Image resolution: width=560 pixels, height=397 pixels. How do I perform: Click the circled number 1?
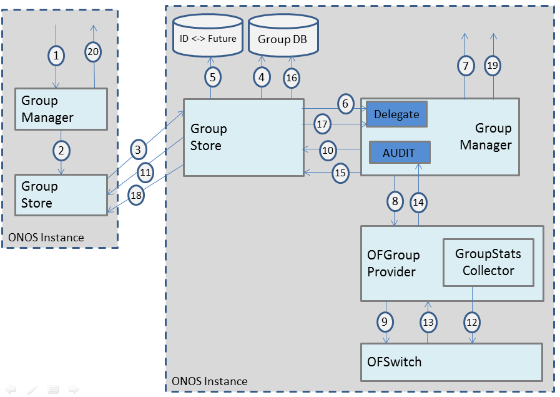pyautogui.click(x=57, y=56)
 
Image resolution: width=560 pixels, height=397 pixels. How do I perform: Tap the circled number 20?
pyautogui.click(x=93, y=53)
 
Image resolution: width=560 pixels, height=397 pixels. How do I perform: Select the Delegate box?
pyautogui.click(x=396, y=114)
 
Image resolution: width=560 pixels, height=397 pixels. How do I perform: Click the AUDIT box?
pyautogui.click(x=400, y=153)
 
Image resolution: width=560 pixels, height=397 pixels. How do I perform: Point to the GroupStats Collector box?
pyautogui.click(x=488, y=263)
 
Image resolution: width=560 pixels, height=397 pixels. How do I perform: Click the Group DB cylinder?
pyautogui.click(x=283, y=37)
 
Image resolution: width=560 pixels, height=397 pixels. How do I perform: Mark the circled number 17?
pyautogui.click(x=322, y=124)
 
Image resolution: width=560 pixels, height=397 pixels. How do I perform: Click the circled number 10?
pyautogui.click(x=328, y=150)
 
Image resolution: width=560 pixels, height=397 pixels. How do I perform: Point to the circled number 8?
pyautogui.click(x=395, y=201)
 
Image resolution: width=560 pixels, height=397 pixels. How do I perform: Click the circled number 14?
pyautogui.click(x=419, y=202)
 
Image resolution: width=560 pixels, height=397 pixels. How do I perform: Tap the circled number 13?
pyautogui.click(x=428, y=322)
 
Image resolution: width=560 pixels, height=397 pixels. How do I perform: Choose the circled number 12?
pyautogui.click(x=471, y=322)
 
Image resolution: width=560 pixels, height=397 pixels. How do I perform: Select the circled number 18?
pyautogui.click(x=137, y=195)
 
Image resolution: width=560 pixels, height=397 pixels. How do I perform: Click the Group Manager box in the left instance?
pyautogui.click(x=61, y=109)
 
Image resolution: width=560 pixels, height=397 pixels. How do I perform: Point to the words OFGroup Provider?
pyautogui.click(x=393, y=263)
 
